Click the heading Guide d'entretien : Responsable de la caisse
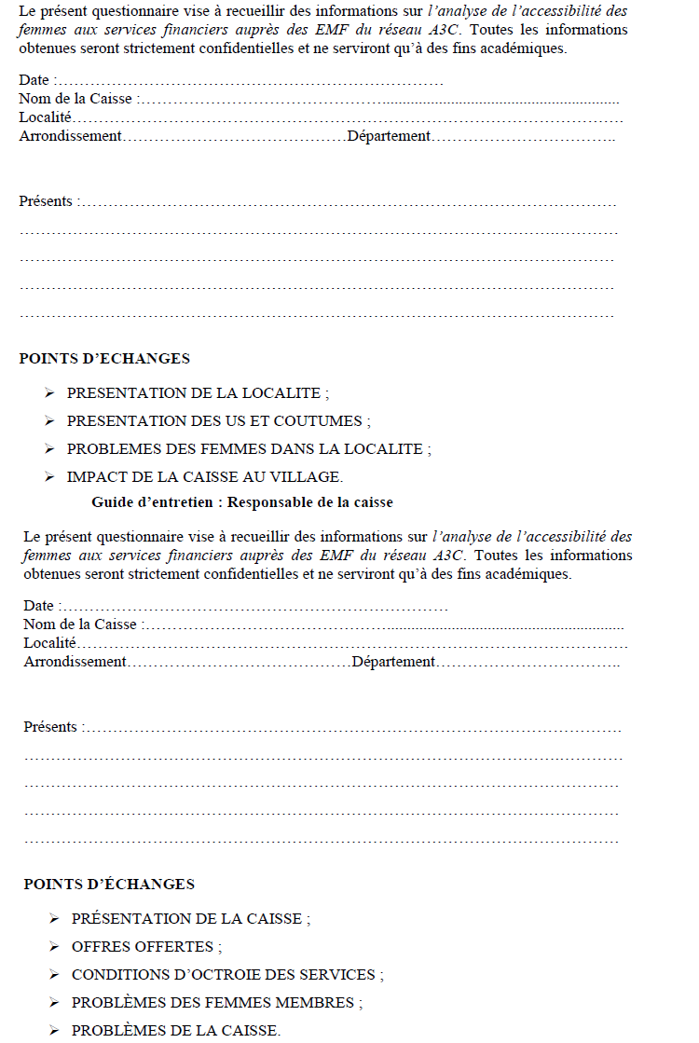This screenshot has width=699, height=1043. (x=241, y=502)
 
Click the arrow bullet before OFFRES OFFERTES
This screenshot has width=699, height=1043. (x=54, y=947)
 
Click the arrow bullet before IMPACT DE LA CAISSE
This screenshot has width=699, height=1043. (x=49, y=477)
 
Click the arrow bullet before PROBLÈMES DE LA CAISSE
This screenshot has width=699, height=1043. (x=54, y=1031)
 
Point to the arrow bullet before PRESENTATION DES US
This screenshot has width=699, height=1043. (x=49, y=421)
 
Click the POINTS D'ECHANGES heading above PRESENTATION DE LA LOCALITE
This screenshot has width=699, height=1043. (x=104, y=359)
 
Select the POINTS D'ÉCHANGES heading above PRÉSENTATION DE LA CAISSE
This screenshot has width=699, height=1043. (x=109, y=885)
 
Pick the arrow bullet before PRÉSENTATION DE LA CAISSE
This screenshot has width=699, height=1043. (x=54, y=919)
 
